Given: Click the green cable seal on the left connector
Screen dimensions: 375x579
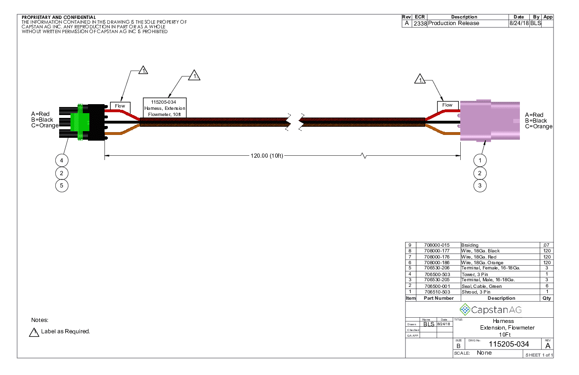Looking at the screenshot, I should coord(79,121).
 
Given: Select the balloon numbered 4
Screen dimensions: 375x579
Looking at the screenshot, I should coord(61,160).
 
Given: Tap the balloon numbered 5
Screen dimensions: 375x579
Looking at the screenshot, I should coord(61,186).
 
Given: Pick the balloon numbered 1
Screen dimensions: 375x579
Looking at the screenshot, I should coord(480,160).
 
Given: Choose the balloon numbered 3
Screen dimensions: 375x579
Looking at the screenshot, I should coord(480,186).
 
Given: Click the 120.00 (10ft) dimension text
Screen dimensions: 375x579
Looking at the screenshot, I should coord(266,156).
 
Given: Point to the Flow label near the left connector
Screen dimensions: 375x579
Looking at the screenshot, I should coord(120,106).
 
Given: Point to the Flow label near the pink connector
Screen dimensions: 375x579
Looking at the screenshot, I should coord(447,105).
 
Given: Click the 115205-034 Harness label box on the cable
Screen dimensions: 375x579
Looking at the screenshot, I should coord(165,108).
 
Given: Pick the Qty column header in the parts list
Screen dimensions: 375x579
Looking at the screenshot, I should coord(546,298).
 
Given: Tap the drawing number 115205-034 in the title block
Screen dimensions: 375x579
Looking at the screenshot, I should coord(509,344).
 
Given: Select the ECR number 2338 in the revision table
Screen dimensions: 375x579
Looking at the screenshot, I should coord(420,23).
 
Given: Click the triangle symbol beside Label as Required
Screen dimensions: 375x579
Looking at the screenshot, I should coord(34,332).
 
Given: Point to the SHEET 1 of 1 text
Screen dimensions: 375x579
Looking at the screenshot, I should coord(539,355).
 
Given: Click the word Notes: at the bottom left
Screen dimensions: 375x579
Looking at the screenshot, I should coord(40,320).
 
